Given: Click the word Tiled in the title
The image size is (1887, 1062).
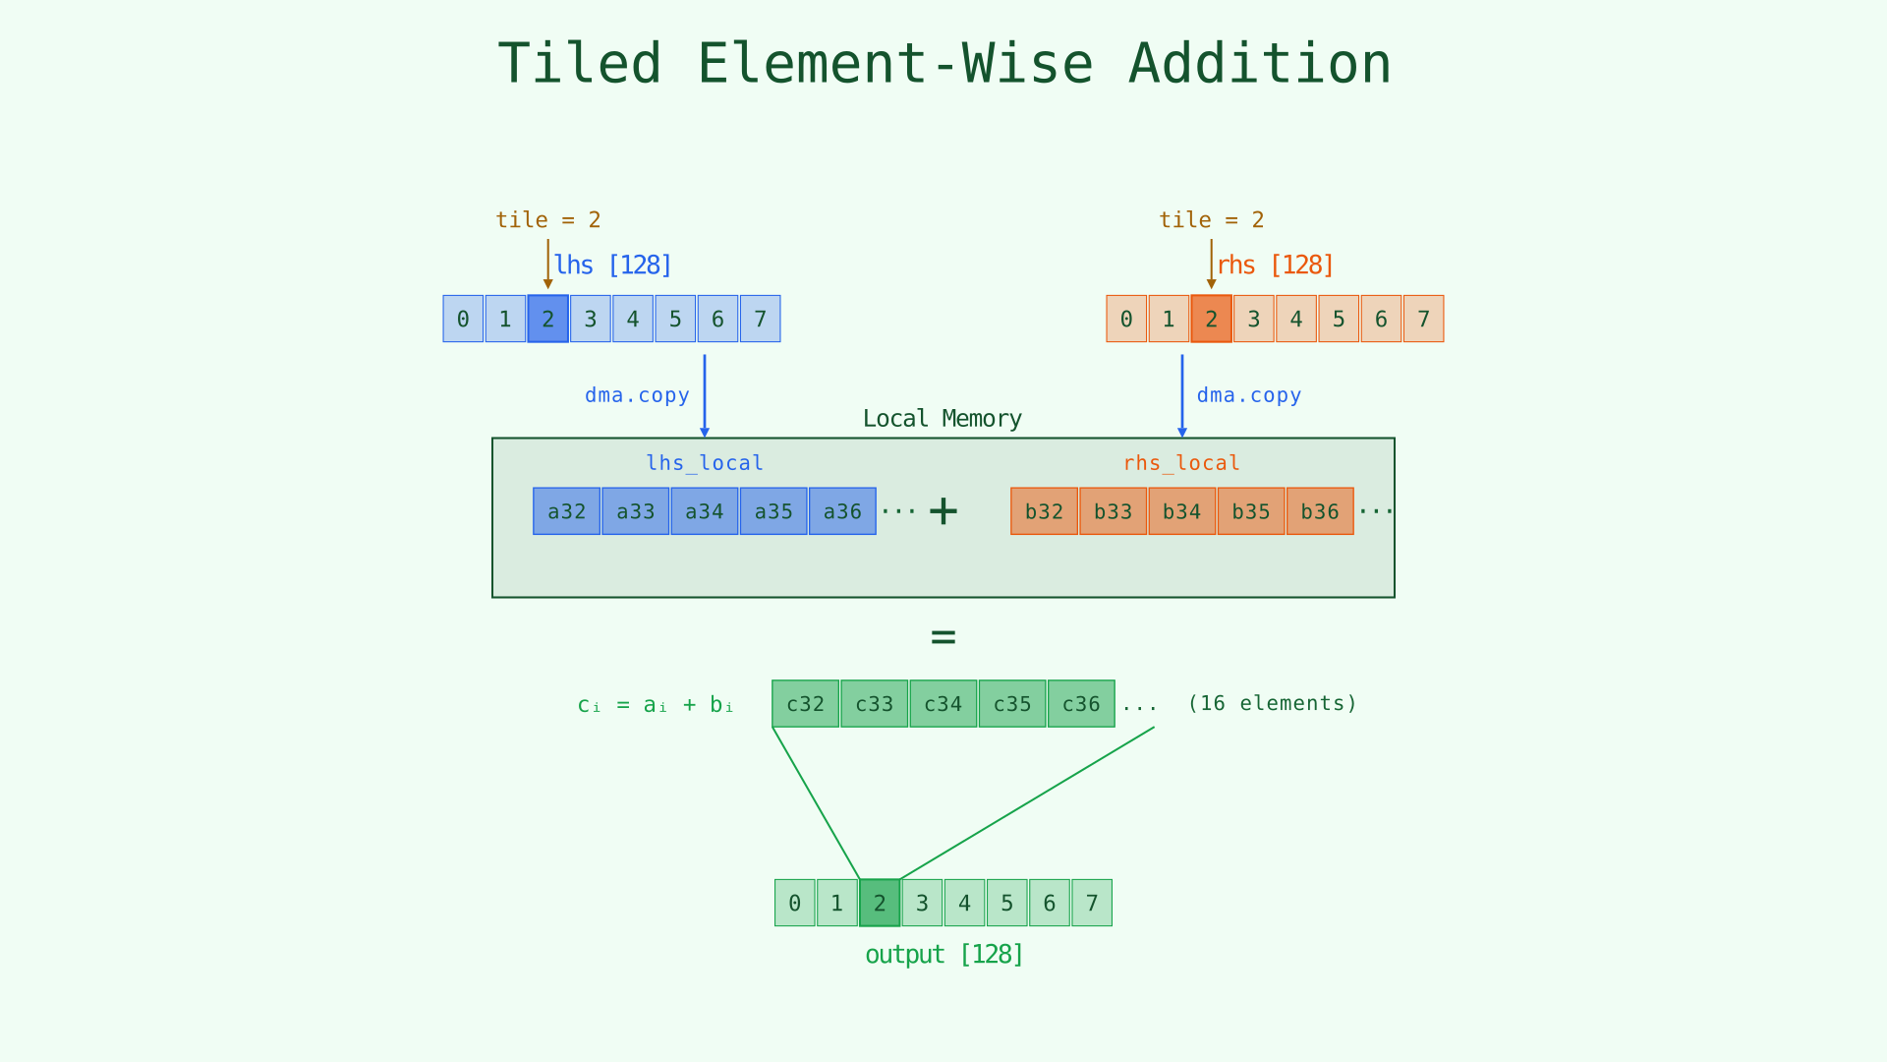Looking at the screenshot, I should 579,65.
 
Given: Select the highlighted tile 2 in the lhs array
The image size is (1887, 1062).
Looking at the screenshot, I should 547,319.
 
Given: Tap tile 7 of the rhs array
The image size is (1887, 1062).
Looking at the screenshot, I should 1423,319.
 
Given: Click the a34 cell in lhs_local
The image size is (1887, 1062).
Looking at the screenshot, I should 704,511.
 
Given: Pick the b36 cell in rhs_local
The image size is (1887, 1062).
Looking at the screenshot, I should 1319,511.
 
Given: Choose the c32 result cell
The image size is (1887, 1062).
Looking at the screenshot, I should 805,704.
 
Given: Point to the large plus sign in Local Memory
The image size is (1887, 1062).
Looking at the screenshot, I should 943,511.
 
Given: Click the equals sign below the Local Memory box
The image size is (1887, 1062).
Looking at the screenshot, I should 943,637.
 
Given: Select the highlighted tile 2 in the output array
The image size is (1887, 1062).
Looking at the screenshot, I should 880,903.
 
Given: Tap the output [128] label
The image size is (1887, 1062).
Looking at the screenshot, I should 943,955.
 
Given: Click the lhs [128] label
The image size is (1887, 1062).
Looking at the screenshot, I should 612,265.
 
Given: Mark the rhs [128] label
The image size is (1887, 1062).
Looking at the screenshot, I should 1275,265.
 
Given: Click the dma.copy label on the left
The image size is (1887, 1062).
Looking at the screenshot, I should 637,395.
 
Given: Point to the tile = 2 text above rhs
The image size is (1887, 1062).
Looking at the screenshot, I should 1211,220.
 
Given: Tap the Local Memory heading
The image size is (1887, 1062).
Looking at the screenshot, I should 942,419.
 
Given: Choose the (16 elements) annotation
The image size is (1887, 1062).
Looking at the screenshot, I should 1272,704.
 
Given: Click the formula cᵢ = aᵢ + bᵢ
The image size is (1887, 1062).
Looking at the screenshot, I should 656,705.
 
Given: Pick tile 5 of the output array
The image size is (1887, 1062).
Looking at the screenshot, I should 1006,903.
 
